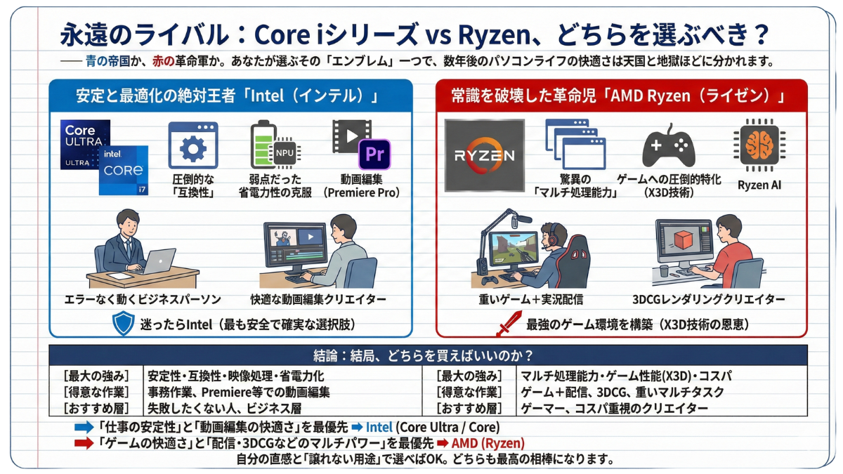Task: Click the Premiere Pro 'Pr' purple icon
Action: coord(374,154)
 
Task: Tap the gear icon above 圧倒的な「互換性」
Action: coord(192,148)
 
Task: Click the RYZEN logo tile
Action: coord(485,155)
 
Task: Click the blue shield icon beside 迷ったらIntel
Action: coord(124,324)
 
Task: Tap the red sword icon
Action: coord(508,324)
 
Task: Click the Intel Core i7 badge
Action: coord(124,169)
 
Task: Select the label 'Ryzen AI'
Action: coord(759,185)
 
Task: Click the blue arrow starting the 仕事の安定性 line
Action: coord(84,427)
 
